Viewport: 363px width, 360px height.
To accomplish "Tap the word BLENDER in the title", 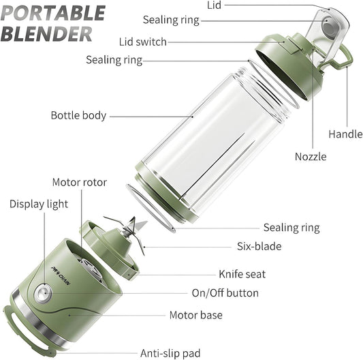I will pyautogui.click(x=47, y=33).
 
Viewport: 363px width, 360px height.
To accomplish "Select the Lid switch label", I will pyautogui.click(x=142, y=42).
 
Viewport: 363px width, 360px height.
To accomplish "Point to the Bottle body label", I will pyautogui.click(x=78, y=115).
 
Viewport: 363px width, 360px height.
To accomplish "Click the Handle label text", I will pyautogui.click(x=345, y=134).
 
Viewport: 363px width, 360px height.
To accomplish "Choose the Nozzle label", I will pyautogui.click(x=310, y=157).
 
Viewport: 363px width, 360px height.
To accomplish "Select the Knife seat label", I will pyautogui.click(x=242, y=274).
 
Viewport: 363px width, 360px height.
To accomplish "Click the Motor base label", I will pyautogui.click(x=195, y=315).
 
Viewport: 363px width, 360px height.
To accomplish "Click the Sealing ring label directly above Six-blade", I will pyautogui.click(x=291, y=228).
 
